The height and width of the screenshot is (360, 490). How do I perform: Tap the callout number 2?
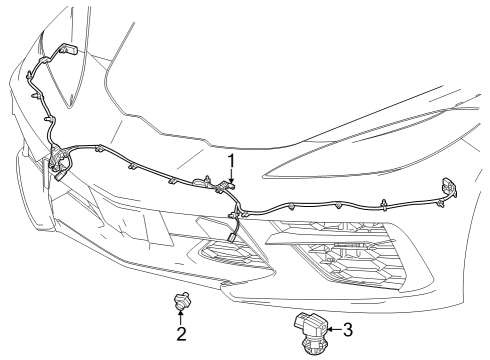[181, 333]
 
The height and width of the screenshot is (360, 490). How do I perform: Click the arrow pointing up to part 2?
[181, 316]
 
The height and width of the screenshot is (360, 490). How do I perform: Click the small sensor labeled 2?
[181, 299]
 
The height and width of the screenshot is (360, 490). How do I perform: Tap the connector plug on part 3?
[302, 323]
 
